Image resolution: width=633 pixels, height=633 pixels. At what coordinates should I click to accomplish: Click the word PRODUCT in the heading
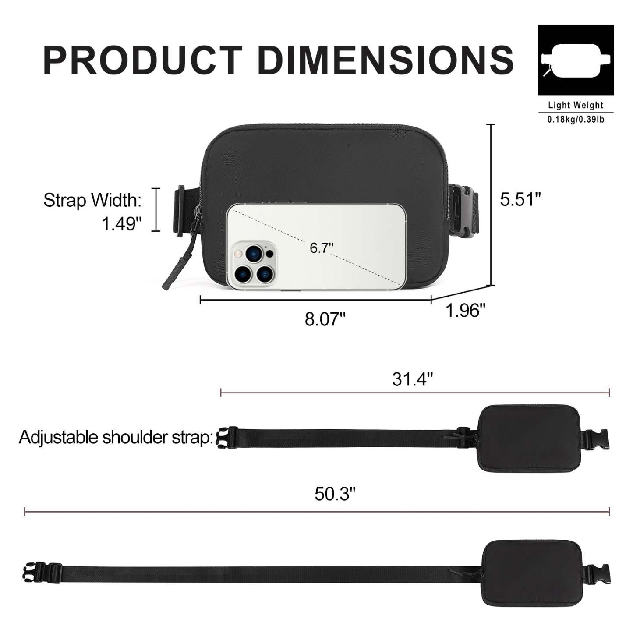tap(143, 60)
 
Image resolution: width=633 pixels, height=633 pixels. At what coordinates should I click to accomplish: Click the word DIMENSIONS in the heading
tap(385, 60)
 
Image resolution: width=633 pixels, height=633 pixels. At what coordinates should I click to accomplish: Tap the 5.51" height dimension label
tap(520, 199)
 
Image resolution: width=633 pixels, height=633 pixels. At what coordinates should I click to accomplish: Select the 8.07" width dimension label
tap(325, 319)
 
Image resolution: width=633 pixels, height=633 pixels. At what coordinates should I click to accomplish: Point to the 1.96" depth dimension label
tap(465, 310)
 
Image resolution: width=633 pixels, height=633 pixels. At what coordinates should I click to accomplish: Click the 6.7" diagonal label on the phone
tap(322, 248)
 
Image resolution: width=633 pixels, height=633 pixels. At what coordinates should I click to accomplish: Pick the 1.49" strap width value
tap(122, 224)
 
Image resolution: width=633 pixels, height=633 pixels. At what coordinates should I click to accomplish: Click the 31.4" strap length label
tap(412, 379)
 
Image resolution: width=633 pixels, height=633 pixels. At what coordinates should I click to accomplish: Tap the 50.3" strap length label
tap(335, 494)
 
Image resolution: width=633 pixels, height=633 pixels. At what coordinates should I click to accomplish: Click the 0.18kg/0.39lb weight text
tap(576, 119)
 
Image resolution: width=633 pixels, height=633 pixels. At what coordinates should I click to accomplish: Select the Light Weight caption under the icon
tap(576, 105)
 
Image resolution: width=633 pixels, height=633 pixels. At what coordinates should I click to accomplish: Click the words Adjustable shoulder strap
tap(116, 437)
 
